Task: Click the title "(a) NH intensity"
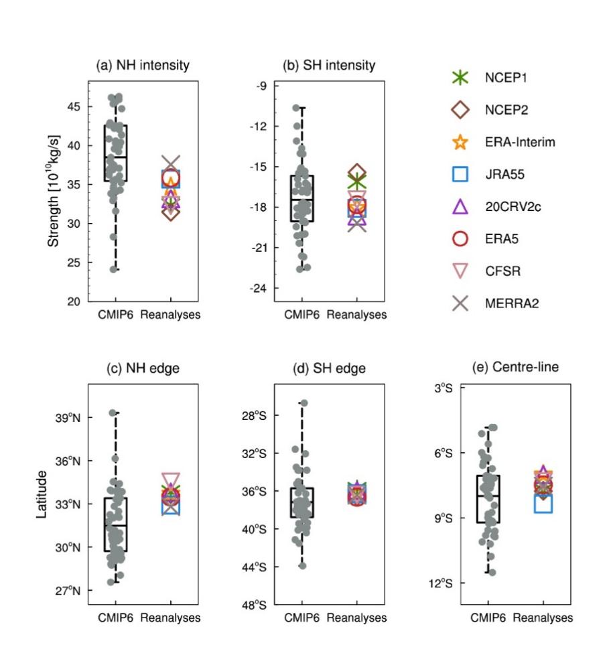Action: click(x=141, y=66)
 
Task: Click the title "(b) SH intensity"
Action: click(x=327, y=66)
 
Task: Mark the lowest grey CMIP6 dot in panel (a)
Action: click(x=114, y=269)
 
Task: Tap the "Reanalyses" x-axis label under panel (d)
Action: click(x=356, y=618)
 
